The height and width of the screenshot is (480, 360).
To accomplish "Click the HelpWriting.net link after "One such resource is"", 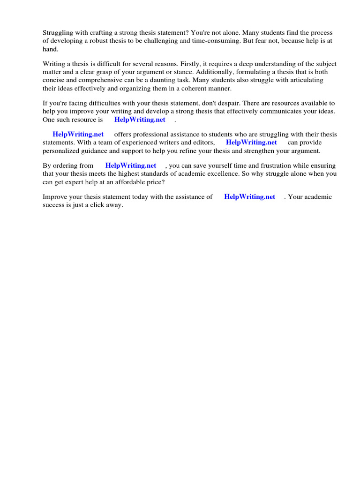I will pos(140,120).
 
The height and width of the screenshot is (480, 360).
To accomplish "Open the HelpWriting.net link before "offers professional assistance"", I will pos(78,135).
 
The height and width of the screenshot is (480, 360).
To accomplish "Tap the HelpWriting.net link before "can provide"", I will pos(251,142).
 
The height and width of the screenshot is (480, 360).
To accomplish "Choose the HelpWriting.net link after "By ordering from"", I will pos(131,165).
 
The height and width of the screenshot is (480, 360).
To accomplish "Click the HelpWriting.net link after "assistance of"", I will pos(249,197).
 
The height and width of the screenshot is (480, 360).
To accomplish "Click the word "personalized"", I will pos(62,151).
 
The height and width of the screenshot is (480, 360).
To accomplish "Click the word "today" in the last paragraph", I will pos(136,197).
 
